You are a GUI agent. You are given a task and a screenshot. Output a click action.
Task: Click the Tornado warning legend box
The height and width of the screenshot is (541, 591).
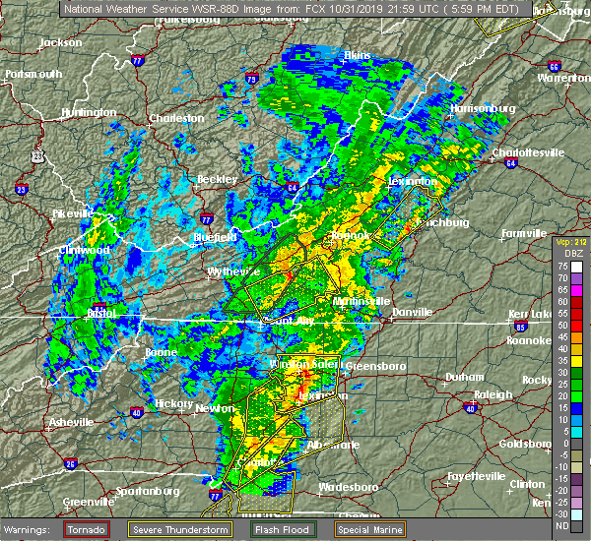[x=87, y=529]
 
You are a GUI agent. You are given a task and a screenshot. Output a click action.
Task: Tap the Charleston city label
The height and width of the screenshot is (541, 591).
[x=177, y=119]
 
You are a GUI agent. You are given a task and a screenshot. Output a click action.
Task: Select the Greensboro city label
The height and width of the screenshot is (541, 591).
[x=379, y=366]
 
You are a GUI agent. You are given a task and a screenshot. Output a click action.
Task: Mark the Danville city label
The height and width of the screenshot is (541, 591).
[x=412, y=312]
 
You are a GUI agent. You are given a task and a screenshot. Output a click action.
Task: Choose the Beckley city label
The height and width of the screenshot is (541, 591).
[x=218, y=180]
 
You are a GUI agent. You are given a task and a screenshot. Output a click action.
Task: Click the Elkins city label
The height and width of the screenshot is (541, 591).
[x=356, y=55]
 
